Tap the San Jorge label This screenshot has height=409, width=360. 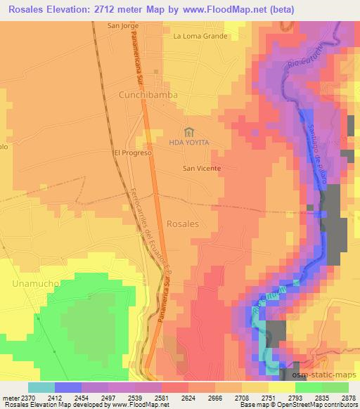124,26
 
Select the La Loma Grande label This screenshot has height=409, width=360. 200,36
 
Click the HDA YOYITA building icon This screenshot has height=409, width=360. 188,131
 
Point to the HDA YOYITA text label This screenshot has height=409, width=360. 189,143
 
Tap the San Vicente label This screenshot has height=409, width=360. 202,169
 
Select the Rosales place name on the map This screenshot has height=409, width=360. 183,223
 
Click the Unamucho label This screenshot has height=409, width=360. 30,283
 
